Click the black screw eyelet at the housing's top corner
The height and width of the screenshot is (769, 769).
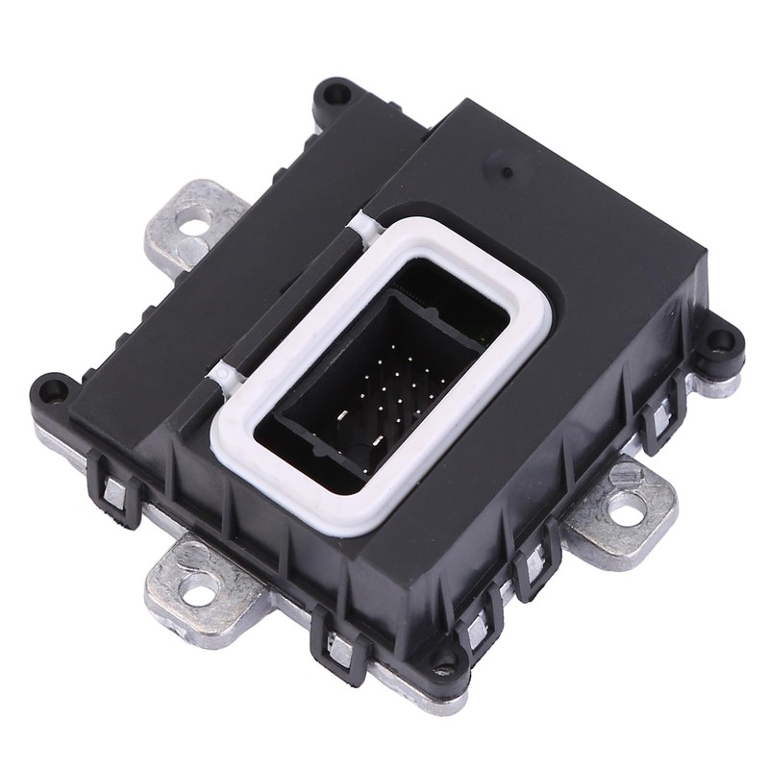335,93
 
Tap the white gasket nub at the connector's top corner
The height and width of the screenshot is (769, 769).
360,224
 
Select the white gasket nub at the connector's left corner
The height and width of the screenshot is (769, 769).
223,373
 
